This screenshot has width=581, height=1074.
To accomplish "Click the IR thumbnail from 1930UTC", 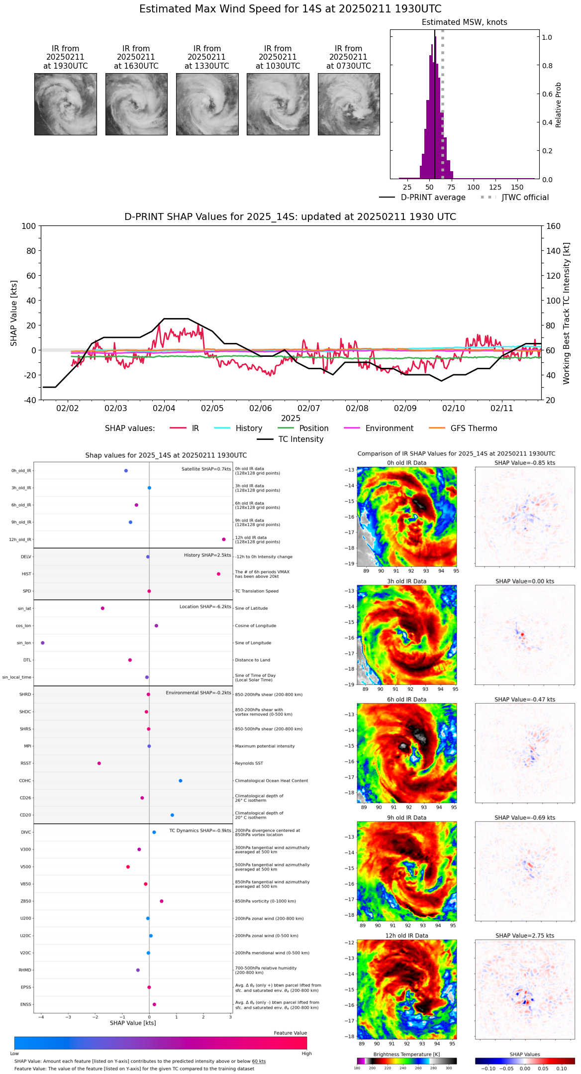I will [x=65, y=104].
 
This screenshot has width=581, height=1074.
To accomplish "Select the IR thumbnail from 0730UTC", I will [x=349, y=104].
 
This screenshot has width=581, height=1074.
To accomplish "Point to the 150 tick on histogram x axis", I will [x=517, y=187].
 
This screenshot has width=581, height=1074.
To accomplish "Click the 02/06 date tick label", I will [x=260, y=408].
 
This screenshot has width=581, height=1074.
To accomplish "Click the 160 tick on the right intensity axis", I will [x=553, y=226].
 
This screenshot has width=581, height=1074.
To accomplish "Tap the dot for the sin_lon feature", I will [x=42, y=643].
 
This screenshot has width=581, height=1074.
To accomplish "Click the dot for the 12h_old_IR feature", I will [x=224, y=539].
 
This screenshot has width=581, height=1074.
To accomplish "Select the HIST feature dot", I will [x=218, y=574].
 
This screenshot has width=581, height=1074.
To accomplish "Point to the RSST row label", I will [x=26, y=763].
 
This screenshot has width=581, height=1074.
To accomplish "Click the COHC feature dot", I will [x=180, y=781].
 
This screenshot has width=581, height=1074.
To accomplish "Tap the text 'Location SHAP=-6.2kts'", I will [x=205, y=607].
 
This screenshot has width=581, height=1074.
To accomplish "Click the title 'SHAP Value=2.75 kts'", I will [x=525, y=936].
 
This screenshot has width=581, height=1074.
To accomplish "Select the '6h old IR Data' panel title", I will [x=406, y=699].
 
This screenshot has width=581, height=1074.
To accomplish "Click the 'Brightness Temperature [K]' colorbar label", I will [x=406, y=1054].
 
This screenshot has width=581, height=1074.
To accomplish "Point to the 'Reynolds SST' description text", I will [x=249, y=763].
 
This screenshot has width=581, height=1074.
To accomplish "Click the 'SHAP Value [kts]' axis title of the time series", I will [x=14, y=313].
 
